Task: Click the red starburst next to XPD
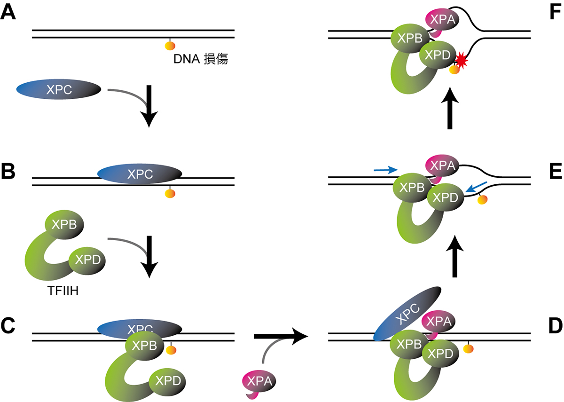tap(461, 60)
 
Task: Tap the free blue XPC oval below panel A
tap(59, 90)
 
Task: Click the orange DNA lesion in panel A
tap(170, 45)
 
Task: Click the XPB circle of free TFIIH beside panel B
tap(63, 226)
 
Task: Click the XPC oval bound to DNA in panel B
tap(140, 174)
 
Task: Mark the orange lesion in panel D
tap(468, 348)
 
